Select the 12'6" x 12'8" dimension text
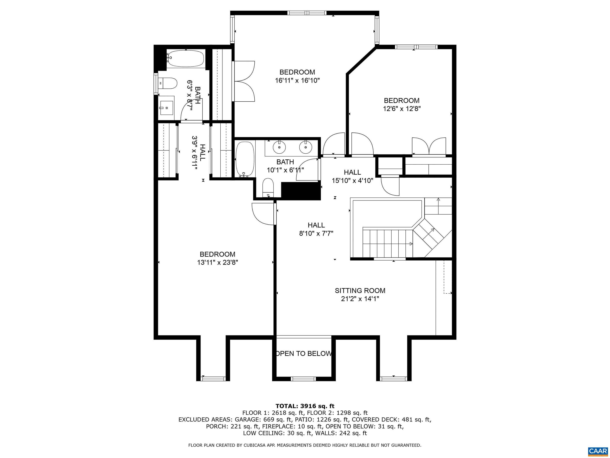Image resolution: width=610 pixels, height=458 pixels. [x=402, y=109]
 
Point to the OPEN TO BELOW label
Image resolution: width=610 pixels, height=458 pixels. [x=304, y=353]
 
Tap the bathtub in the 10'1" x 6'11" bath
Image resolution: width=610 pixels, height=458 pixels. [x=245, y=159]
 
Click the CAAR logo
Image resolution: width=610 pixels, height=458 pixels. [x=598, y=451]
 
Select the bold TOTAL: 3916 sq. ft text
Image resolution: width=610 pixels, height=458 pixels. [x=305, y=406]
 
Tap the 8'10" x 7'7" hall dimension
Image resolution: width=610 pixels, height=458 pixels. [x=316, y=234]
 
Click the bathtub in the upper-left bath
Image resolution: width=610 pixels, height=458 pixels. [x=186, y=58]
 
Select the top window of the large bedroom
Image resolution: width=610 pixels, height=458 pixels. [x=307, y=13]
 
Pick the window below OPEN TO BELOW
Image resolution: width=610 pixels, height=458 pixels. [x=303, y=379]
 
